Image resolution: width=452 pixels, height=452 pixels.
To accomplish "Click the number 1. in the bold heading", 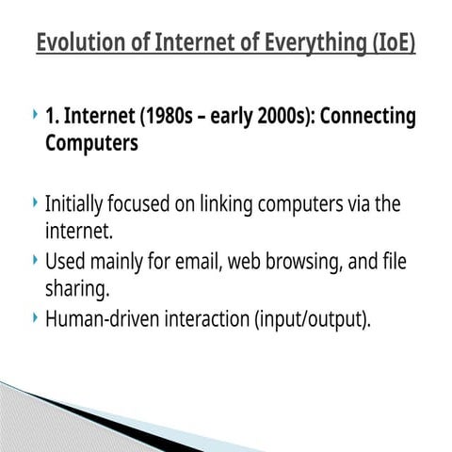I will coord(54,117).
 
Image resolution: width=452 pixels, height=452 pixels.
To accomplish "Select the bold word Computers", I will coord(91,144).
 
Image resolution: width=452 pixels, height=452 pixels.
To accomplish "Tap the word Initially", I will coord(76,203).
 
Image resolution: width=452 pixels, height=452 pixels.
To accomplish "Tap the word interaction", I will coord(208,318).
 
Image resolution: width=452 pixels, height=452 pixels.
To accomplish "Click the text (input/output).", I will coord(312,318).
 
